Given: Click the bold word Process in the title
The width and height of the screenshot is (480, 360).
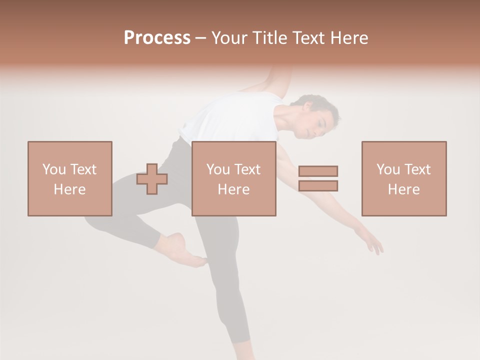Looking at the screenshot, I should [x=157, y=37].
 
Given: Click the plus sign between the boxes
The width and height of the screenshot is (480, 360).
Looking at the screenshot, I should [x=152, y=179].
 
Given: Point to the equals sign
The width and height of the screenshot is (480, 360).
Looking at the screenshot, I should [x=318, y=178].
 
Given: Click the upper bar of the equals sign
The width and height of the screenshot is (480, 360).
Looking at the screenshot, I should [x=318, y=171].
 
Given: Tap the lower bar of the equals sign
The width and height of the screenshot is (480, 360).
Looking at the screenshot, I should [x=318, y=185].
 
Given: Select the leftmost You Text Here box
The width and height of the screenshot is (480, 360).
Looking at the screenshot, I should [x=70, y=178].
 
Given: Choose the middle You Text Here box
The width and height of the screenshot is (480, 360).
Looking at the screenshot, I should [x=234, y=178].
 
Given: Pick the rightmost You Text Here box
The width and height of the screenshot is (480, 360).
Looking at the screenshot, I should [x=404, y=178].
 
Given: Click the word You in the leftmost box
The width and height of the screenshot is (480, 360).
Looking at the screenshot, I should [x=53, y=169].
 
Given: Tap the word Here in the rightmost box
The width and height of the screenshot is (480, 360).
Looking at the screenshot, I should [x=404, y=189].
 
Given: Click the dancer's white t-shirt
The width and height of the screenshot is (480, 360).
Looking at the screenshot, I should [x=230, y=120].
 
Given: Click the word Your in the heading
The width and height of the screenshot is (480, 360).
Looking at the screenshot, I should [x=230, y=37].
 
